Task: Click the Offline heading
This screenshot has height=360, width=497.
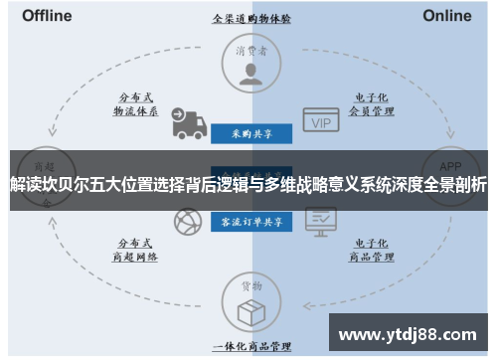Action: [x=47, y=16]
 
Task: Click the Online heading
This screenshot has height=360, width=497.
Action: [x=446, y=16]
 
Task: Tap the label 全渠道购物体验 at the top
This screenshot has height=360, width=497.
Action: [x=248, y=19]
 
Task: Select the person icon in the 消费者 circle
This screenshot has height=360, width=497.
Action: [x=249, y=72]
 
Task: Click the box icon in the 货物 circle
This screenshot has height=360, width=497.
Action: [x=249, y=309]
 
